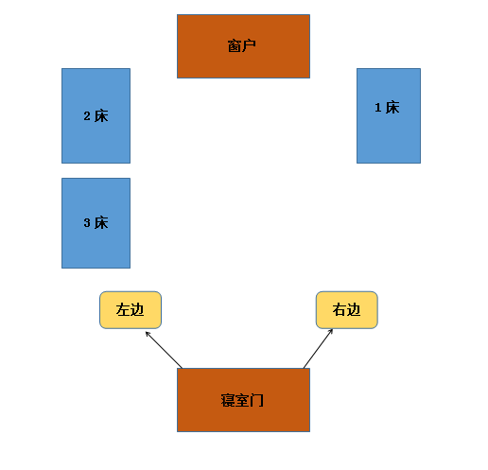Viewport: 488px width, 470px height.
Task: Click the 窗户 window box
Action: pos(243,46)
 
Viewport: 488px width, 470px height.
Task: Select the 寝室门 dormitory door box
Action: pos(243,400)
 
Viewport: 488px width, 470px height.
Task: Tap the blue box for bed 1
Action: pos(389,115)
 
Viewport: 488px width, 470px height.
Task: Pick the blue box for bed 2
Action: pos(96,115)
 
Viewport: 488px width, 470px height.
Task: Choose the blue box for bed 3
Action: pos(96,223)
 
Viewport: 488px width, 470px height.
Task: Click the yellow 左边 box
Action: pos(131,310)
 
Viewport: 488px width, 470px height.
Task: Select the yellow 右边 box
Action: pos(347,310)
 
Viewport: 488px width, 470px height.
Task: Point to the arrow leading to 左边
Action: pos(164,350)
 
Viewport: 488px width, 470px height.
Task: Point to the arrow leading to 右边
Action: pos(318,348)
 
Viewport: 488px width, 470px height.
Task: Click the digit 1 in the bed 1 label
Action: pos(378,108)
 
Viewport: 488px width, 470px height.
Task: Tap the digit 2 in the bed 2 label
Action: pos(87,116)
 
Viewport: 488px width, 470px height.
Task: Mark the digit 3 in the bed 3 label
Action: pos(87,223)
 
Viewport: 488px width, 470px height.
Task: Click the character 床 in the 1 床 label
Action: pos(392,108)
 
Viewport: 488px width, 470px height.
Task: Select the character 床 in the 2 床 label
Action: pos(101,116)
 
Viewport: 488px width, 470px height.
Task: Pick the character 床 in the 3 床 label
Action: pos(101,223)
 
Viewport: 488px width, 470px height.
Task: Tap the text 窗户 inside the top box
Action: pos(242,46)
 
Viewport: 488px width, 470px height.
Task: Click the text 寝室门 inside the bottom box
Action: pos(242,400)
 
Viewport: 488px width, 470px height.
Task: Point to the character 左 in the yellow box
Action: pos(123,310)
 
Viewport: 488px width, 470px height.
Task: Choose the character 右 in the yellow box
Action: pos(340,310)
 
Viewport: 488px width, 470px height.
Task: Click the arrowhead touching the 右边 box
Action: pos(331,331)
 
